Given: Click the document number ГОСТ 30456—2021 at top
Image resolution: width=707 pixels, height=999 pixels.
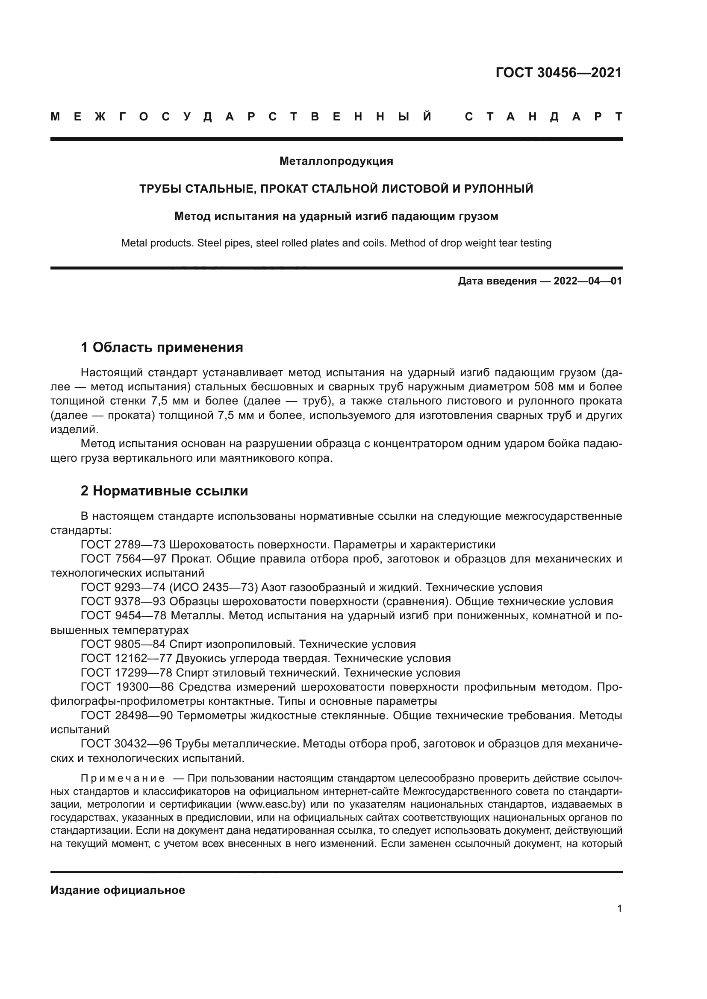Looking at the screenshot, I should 559,73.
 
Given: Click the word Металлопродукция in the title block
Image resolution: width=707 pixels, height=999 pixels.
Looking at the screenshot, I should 336,161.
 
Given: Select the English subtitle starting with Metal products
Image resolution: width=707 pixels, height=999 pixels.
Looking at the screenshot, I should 336,243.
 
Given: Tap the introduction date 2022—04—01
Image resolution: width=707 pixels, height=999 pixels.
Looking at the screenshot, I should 587,281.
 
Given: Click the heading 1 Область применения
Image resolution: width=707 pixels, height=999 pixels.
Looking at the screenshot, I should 162,347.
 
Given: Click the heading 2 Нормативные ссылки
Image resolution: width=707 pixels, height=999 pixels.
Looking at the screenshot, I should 164,491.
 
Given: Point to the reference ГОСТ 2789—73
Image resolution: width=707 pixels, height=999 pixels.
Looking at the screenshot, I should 123,545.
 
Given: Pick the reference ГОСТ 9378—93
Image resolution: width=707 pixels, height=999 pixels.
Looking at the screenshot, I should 123,602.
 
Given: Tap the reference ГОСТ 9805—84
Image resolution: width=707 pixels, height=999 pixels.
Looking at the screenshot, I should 123,645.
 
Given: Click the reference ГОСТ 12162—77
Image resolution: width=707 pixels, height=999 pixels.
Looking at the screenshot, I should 127,658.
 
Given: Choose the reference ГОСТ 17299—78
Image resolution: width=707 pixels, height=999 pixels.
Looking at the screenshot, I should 127,673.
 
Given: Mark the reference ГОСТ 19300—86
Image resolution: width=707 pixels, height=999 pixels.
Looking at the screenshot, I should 127,687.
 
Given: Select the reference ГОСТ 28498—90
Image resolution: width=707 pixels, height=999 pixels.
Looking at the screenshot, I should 127,715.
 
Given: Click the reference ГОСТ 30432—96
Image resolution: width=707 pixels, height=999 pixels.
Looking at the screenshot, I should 127,744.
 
